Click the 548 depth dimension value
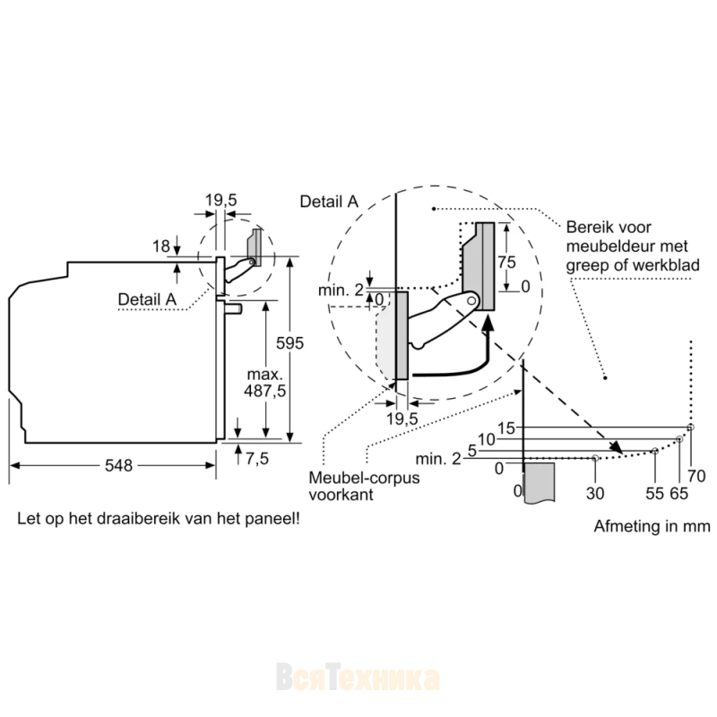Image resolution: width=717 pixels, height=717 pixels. (118, 465)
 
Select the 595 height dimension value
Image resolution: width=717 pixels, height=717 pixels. (289, 343)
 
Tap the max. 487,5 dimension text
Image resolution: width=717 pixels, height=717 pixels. (264, 383)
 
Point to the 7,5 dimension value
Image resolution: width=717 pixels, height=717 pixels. (257, 459)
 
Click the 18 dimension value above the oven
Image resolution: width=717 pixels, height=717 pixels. (161, 246)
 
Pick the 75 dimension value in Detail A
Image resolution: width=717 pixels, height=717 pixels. (506, 263)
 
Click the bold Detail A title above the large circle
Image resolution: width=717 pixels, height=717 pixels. (329, 202)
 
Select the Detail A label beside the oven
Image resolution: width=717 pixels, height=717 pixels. (147, 299)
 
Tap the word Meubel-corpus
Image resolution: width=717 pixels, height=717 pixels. (364, 478)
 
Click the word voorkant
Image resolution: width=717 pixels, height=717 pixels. (341, 495)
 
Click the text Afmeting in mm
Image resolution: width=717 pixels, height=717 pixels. (652, 526)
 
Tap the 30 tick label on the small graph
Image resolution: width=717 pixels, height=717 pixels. (595, 494)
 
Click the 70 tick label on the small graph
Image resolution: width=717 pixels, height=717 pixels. (696, 477)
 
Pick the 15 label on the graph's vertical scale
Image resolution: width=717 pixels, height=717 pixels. (506, 428)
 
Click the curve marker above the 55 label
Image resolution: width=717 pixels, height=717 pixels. (655, 451)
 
